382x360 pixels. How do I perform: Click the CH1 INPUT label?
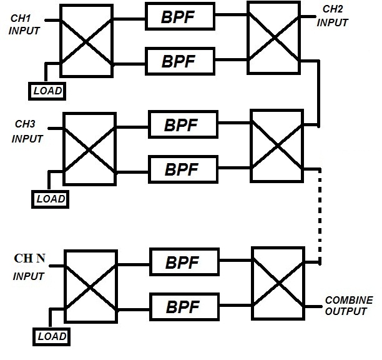23,24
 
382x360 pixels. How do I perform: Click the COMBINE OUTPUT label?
345,306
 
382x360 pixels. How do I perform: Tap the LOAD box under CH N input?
50,337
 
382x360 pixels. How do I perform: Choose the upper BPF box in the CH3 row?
181,125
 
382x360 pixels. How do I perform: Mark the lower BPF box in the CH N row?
182,307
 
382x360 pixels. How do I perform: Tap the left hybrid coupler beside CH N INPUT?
90,287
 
